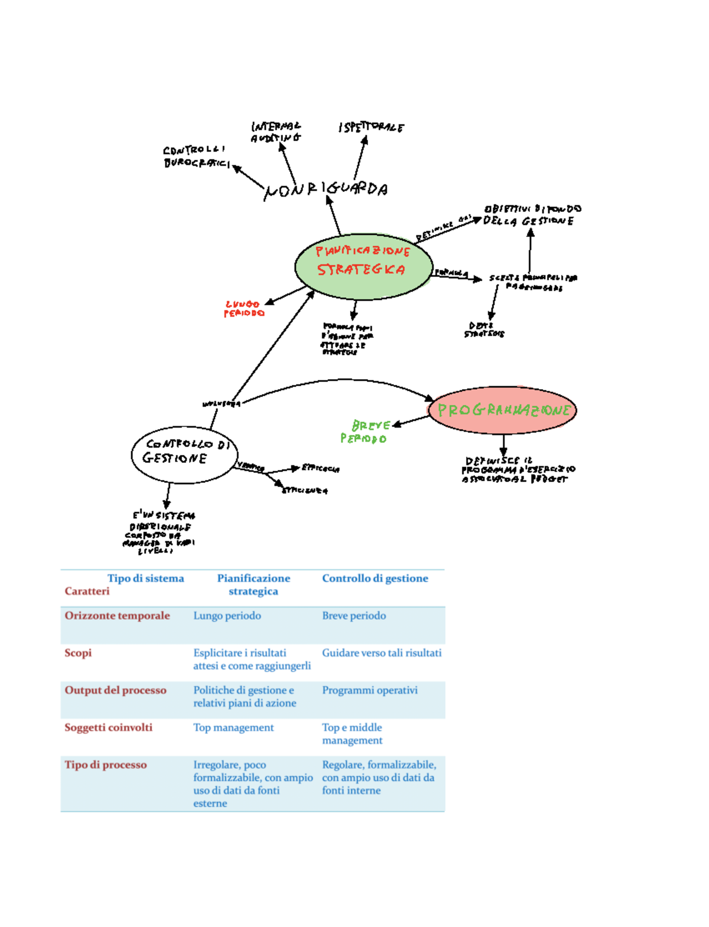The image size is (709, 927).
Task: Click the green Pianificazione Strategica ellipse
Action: tap(363, 266)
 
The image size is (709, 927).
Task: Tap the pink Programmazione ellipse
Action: tap(502, 410)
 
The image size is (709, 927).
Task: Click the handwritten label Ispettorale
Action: tap(371, 127)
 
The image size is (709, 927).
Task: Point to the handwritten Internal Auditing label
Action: tap(275, 132)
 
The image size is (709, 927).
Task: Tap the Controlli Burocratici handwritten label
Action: tap(196, 156)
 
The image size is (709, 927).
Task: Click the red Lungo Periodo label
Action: tap(243, 309)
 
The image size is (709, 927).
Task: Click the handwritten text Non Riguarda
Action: tap(326, 190)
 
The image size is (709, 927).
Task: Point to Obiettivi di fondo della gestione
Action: tap(531, 215)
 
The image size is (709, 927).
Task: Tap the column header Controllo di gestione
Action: tap(375, 578)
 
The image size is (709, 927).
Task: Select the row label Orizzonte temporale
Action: tap(117, 615)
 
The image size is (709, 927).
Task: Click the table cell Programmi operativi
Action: tap(369, 690)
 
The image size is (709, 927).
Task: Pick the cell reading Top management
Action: tap(233, 727)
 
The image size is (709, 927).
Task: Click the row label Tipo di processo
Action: tap(105, 765)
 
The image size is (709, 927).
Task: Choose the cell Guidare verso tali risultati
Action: tap(381, 652)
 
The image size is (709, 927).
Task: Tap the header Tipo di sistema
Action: tap(145, 578)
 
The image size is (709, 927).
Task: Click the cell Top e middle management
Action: tap(352, 734)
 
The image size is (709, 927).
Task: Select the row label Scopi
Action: tap(78, 652)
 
